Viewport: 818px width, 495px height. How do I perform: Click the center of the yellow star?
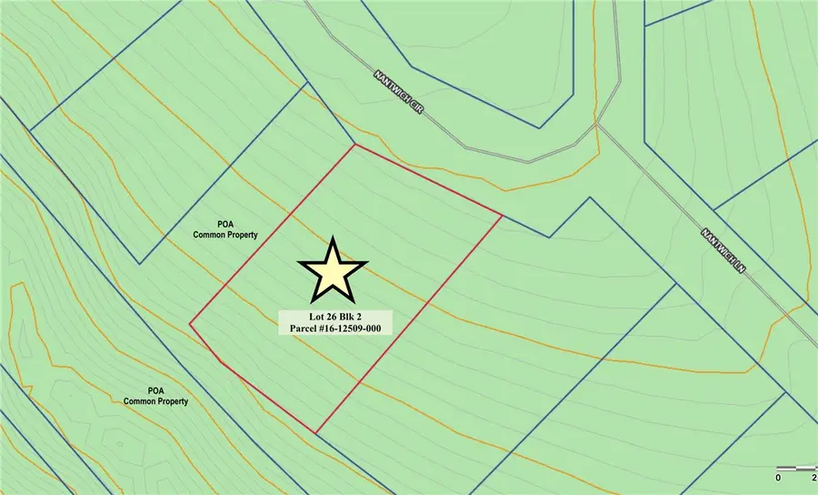(332, 272)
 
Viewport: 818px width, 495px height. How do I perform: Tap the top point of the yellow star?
(332, 237)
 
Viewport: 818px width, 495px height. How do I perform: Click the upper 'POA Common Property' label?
(225, 228)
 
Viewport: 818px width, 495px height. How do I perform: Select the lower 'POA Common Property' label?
(155, 395)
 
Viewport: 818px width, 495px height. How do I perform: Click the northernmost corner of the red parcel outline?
(354, 144)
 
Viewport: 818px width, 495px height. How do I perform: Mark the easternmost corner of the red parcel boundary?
(502, 216)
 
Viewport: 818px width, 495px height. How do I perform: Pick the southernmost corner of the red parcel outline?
(317, 433)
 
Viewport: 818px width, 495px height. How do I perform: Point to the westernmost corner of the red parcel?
(189, 324)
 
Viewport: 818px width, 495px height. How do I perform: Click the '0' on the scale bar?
(778, 476)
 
